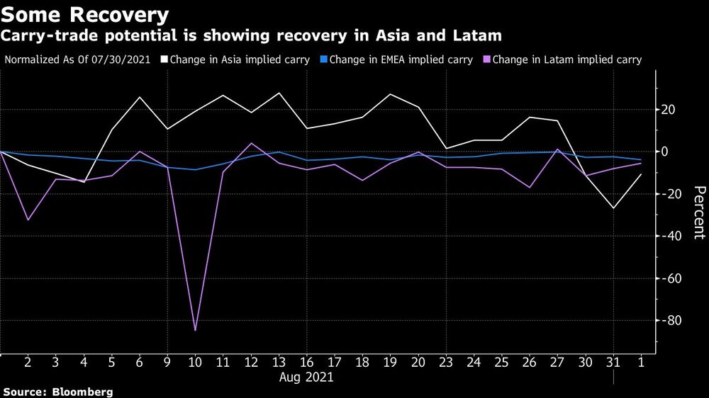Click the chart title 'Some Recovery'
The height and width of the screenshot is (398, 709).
[x=86, y=14]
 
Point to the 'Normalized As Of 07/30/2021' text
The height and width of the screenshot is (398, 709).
[x=77, y=60]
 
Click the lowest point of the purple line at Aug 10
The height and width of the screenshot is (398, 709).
[x=195, y=330]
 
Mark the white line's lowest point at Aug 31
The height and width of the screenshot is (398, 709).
[x=613, y=208]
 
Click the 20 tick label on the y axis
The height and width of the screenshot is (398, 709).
[x=669, y=109]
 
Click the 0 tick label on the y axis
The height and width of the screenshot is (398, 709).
[x=666, y=152]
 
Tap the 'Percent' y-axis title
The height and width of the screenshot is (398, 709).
[x=699, y=212]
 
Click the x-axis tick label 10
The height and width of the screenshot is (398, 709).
[x=195, y=363]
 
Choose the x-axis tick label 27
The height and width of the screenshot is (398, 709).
[x=558, y=363]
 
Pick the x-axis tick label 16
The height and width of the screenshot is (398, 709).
[x=306, y=363]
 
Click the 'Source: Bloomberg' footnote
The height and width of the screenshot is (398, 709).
[x=57, y=392]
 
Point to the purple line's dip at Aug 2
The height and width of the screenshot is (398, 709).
[x=28, y=220]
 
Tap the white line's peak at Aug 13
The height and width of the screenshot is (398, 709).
[x=279, y=93]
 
